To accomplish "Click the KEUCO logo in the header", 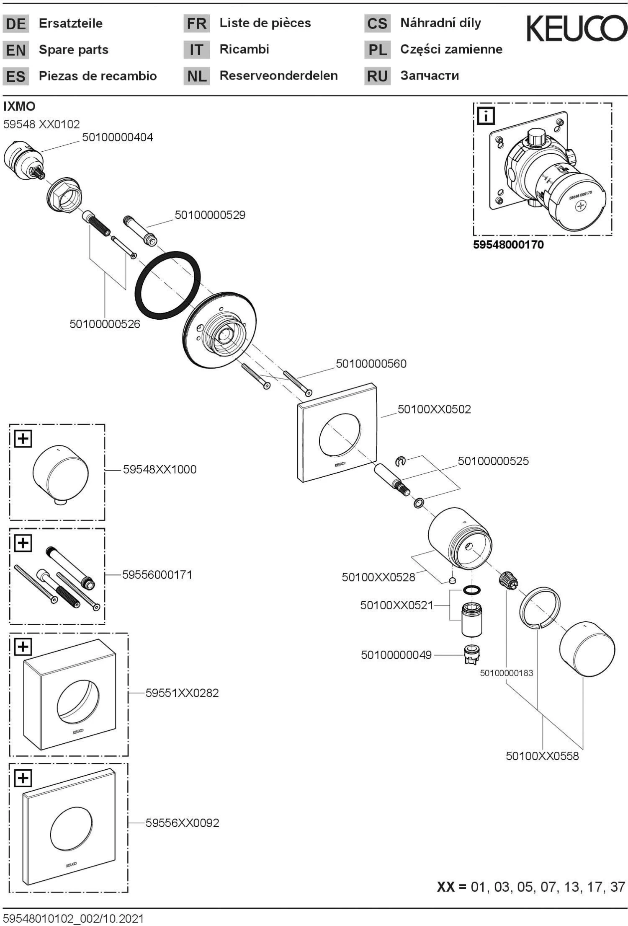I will (x=577, y=28).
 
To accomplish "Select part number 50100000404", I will (x=117, y=137).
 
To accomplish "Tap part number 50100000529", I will (x=210, y=215).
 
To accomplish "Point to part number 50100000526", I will (x=105, y=324).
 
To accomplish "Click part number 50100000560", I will (x=371, y=364).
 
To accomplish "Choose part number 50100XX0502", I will (x=434, y=409).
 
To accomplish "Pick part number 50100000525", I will (x=493, y=461).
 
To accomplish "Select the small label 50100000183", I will (x=506, y=673).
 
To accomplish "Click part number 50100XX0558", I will (x=542, y=756).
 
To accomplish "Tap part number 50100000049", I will (x=396, y=655).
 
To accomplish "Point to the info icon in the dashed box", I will (x=486, y=116).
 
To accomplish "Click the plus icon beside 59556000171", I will (x=23, y=543).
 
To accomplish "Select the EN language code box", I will (x=16, y=50).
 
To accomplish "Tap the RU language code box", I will (x=377, y=77).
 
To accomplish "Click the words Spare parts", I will (x=73, y=50).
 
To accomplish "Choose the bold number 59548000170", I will (x=508, y=245).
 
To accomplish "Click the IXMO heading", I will (x=19, y=106).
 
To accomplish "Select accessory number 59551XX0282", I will (x=182, y=693).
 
